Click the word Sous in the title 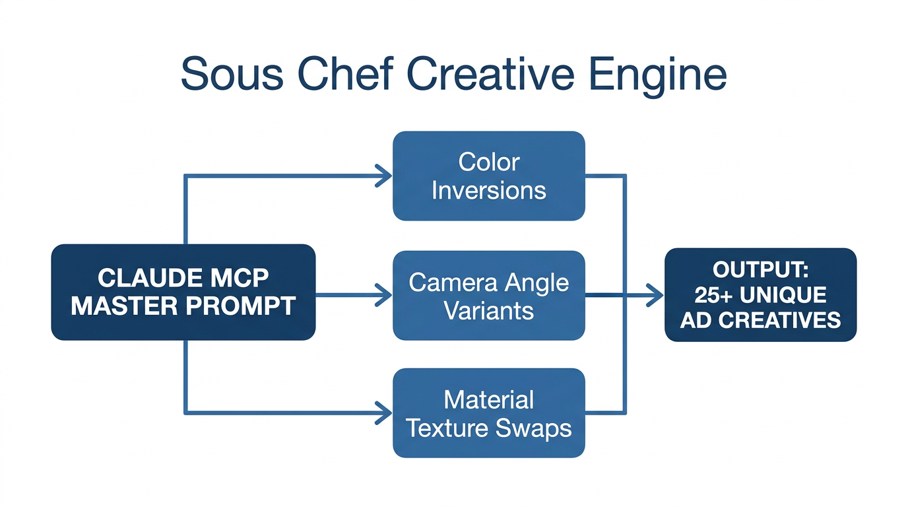tap(232, 74)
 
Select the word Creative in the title tap(495, 74)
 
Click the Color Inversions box tap(488, 176)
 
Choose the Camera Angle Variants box tap(488, 296)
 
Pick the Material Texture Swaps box tap(488, 413)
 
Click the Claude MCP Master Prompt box tap(183, 292)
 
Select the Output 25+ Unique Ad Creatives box tap(760, 294)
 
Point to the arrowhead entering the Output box tap(655, 295)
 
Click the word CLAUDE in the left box tap(146, 278)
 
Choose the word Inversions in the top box tap(488, 190)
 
